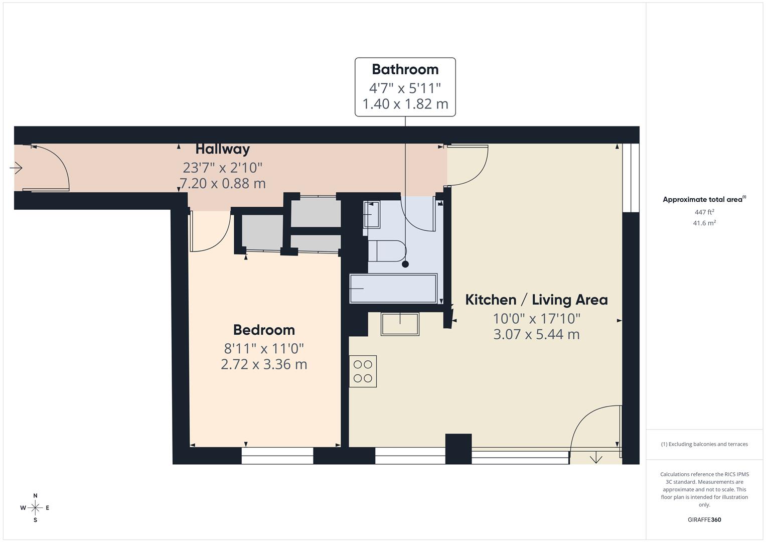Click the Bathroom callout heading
[x=405, y=69]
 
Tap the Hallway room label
[x=223, y=149]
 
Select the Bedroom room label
[x=264, y=330]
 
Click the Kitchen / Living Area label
[x=537, y=300]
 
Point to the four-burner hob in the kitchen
[x=363, y=371]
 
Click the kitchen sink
[x=400, y=324]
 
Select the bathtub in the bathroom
[x=393, y=289]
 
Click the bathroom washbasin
[x=372, y=215]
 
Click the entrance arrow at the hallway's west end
[x=16, y=168]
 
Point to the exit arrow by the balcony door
[x=596, y=458]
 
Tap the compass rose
[x=35, y=508]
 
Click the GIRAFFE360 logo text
[x=704, y=519]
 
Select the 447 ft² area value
[x=704, y=212]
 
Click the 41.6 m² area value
[x=704, y=223]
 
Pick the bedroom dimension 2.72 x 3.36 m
[x=264, y=364]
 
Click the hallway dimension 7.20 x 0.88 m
[x=223, y=183]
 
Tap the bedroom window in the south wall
[x=277, y=456]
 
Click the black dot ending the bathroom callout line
[x=405, y=264]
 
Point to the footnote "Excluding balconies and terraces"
[x=704, y=444]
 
